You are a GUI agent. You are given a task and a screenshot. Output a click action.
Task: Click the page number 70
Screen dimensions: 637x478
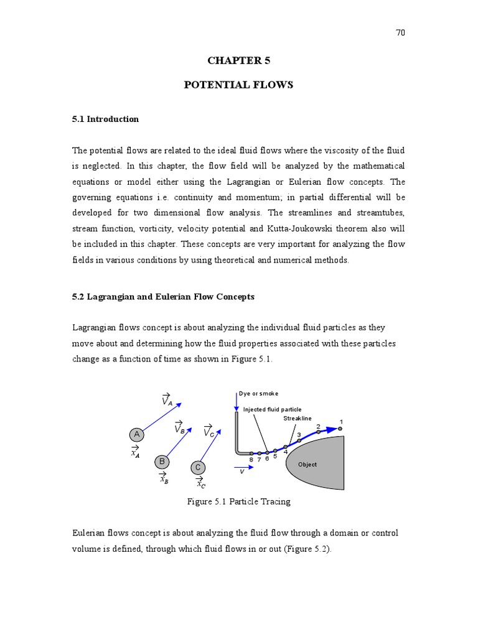(400, 33)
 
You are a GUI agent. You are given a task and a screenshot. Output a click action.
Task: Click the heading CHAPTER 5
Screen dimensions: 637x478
(238, 60)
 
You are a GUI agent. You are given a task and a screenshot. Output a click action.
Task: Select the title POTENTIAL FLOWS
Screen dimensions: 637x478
(238, 85)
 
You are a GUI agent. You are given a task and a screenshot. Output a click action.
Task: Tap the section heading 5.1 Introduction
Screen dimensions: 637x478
(105, 119)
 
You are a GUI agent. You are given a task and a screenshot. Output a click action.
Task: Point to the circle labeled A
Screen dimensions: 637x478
(136, 434)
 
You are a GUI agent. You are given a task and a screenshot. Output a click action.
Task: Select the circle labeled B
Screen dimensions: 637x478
(162, 462)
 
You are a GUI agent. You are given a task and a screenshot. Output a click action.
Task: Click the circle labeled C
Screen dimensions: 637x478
(197, 467)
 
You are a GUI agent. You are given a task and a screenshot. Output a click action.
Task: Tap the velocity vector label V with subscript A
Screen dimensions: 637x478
(166, 399)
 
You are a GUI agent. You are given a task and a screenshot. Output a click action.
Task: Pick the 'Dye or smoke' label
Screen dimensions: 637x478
(259, 393)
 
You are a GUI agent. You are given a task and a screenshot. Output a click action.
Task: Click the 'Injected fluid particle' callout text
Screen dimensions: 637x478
(272, 409)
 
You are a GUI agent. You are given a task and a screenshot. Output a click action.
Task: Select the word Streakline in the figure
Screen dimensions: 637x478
(298, 419)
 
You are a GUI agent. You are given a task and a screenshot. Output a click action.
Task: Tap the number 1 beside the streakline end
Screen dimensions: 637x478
(341, 422)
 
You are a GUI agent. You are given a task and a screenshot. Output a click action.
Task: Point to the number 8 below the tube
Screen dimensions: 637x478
(251, 460)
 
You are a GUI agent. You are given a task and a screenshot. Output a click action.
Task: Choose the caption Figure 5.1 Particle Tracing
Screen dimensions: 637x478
(238, 501)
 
